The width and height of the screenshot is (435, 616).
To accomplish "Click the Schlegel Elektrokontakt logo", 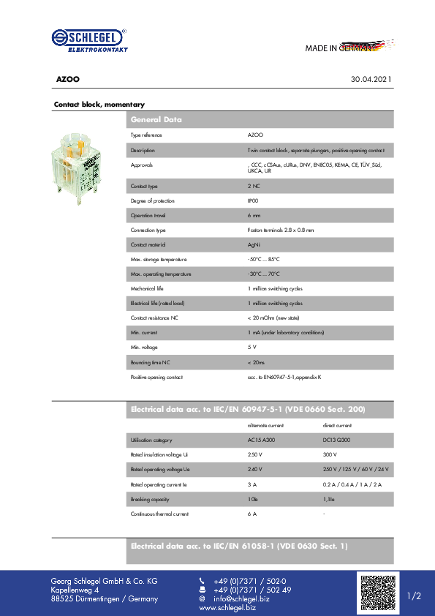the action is pyautogui.click(x=89, y=41).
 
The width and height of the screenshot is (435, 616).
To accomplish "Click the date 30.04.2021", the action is pyautogui.click(x=371, y=79).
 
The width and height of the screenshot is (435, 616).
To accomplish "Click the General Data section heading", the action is pyautogui.click(x=156, y=119).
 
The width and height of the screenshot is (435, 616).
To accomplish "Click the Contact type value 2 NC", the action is pyautogui.click(x=254, y=187).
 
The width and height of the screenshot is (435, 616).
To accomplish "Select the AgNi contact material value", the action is pyautogui.click(x=254, y=244).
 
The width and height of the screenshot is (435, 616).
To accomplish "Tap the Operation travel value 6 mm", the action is pyautogui.click(x=254, y=215).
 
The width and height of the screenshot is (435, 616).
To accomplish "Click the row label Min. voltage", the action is pyautogui.click(x=143, y=347).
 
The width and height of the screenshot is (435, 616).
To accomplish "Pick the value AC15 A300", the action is pyautogui.click(x=261, y=440).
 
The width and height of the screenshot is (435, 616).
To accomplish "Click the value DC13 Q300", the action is pyautogui.click(x=336, y=440).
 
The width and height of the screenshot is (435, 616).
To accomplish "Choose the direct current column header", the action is pyautogui.click(x=337, y=425).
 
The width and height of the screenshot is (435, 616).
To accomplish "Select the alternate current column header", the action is pyautogui.click(x=265, y=425).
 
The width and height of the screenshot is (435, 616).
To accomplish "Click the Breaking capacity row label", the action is pyautogui.click(x=149, y=499).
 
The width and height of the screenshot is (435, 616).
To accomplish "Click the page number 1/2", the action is pyautogui.click(x=415, y=596).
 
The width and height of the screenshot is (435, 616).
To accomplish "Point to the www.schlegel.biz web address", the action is pyautogui.click(x=227, y=608).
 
